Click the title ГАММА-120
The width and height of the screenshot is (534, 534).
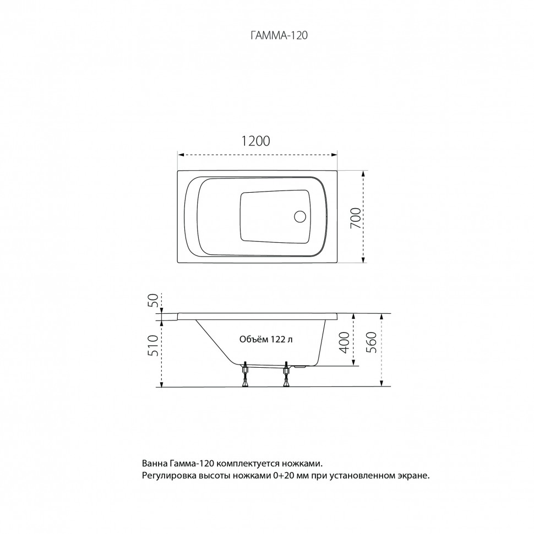pyautogui.click(x=279, y=35)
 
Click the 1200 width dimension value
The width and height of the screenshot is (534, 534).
pyautogui.click(x=255, y=141)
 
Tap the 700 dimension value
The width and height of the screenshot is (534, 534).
pyautogui.click(x=355, y=218)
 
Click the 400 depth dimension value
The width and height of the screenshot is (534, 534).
pyautogui.click(x=345, y=342)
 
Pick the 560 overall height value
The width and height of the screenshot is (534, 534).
pyautogui.click(x=372, y=342)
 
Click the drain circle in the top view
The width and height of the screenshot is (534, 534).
pyautogui.click(x=300, y=216)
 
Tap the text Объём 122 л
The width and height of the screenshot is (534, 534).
pyautogui.click(x=266, y=340)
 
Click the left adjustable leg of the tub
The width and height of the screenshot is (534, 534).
pyautogui.click(x=245, y=375)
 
